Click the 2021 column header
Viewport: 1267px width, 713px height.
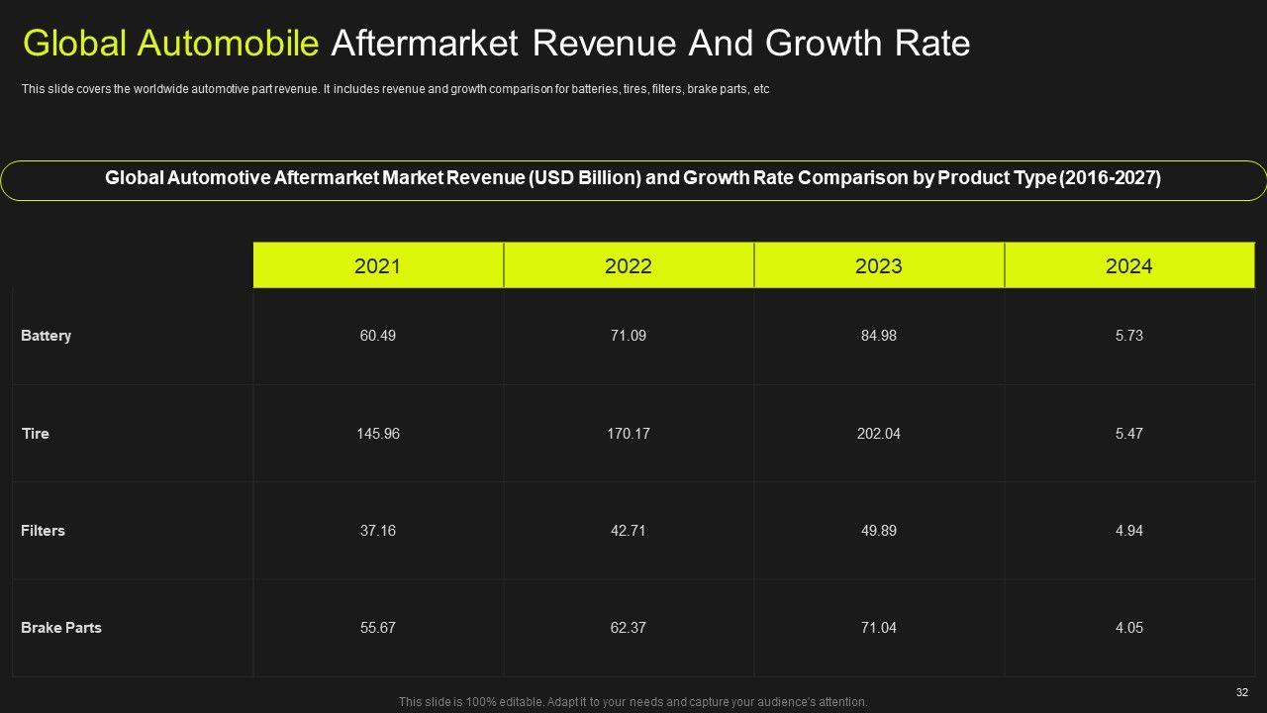(377, 265)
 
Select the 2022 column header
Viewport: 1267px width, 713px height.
(628, 265)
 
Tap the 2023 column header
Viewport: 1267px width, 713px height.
(878, 265)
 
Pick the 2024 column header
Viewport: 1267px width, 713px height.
(1128, 265)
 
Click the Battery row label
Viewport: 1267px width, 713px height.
(46, 336)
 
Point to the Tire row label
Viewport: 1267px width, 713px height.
(35, 434)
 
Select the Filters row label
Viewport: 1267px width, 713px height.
(43, 531)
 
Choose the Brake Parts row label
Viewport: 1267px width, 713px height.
(60, 628)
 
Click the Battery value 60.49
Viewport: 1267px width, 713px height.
(377, 336)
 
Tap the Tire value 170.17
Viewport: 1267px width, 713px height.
(628, 434)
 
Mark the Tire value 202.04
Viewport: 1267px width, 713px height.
(878, 434)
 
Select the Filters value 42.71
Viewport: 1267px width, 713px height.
(628, 531)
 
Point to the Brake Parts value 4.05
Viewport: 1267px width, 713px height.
(1128, 628)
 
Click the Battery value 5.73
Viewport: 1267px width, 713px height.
(1128, 336)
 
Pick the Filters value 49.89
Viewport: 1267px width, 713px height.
(878, 531)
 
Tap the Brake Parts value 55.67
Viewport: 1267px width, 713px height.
(377, 628)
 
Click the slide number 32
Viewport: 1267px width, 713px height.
(1242, 692)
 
